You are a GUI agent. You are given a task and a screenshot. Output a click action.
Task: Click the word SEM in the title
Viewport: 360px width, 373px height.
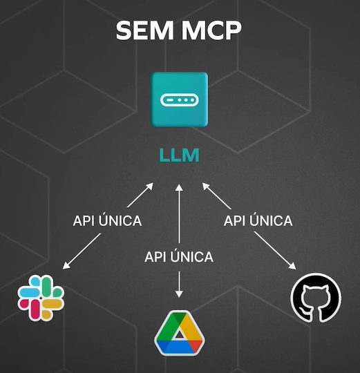[x=144, y=30]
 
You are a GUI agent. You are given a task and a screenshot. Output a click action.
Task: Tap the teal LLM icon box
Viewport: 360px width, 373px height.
[x=180, y=99]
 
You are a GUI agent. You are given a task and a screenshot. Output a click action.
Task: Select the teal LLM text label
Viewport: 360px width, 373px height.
[x=179, y=155]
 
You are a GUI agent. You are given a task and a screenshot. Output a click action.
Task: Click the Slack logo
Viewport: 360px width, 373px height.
[x=41, y=298]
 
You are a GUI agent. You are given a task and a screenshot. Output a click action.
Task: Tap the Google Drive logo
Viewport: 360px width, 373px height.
[x=180, y=333]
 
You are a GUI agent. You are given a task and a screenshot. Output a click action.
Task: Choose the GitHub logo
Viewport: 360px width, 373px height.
[x=316, y=298]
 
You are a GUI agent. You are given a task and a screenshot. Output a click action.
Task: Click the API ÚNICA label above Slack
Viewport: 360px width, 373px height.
[x=107, y=221]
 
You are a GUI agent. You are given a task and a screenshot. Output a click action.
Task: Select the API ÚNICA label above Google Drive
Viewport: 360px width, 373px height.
[x=179, y=257]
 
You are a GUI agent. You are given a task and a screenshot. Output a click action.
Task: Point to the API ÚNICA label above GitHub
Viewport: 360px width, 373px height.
[x=258, y=221]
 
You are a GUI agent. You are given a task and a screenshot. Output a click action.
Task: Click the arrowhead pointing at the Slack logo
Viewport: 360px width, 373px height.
[x=66, y=266]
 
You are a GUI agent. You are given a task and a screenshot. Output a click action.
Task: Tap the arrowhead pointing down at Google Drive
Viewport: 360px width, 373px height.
[x=179, y=294]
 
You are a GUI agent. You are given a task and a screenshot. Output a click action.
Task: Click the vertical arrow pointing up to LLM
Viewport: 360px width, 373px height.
[x=179, y=213]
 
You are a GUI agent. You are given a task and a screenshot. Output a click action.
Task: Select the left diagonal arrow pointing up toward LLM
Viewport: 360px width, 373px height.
[x=140, y=195]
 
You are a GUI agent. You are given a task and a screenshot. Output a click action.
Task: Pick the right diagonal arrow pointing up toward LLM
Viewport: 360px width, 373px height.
[x=216, y=195]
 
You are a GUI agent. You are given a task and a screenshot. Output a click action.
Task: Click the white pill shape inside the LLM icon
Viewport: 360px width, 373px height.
[x=180, y=100]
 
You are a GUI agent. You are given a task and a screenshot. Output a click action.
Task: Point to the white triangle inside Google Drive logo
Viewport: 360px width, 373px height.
[x=180, y=334]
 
